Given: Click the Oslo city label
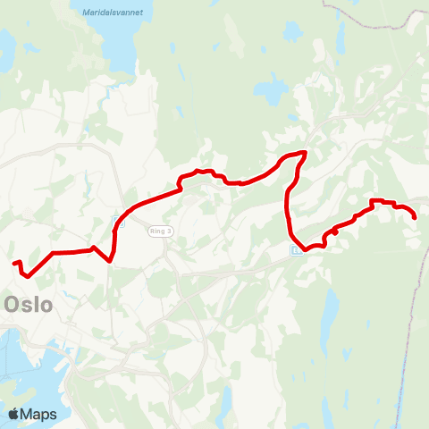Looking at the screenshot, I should pos(29,304).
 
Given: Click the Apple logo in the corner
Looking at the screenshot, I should pos(13,414).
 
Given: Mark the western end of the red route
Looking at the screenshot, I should pos(14,263).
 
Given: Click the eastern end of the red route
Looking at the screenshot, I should pos(416,216).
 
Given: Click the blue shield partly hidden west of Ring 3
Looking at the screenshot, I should pos(115,220).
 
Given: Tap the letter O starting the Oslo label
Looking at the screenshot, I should pos(12,304).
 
